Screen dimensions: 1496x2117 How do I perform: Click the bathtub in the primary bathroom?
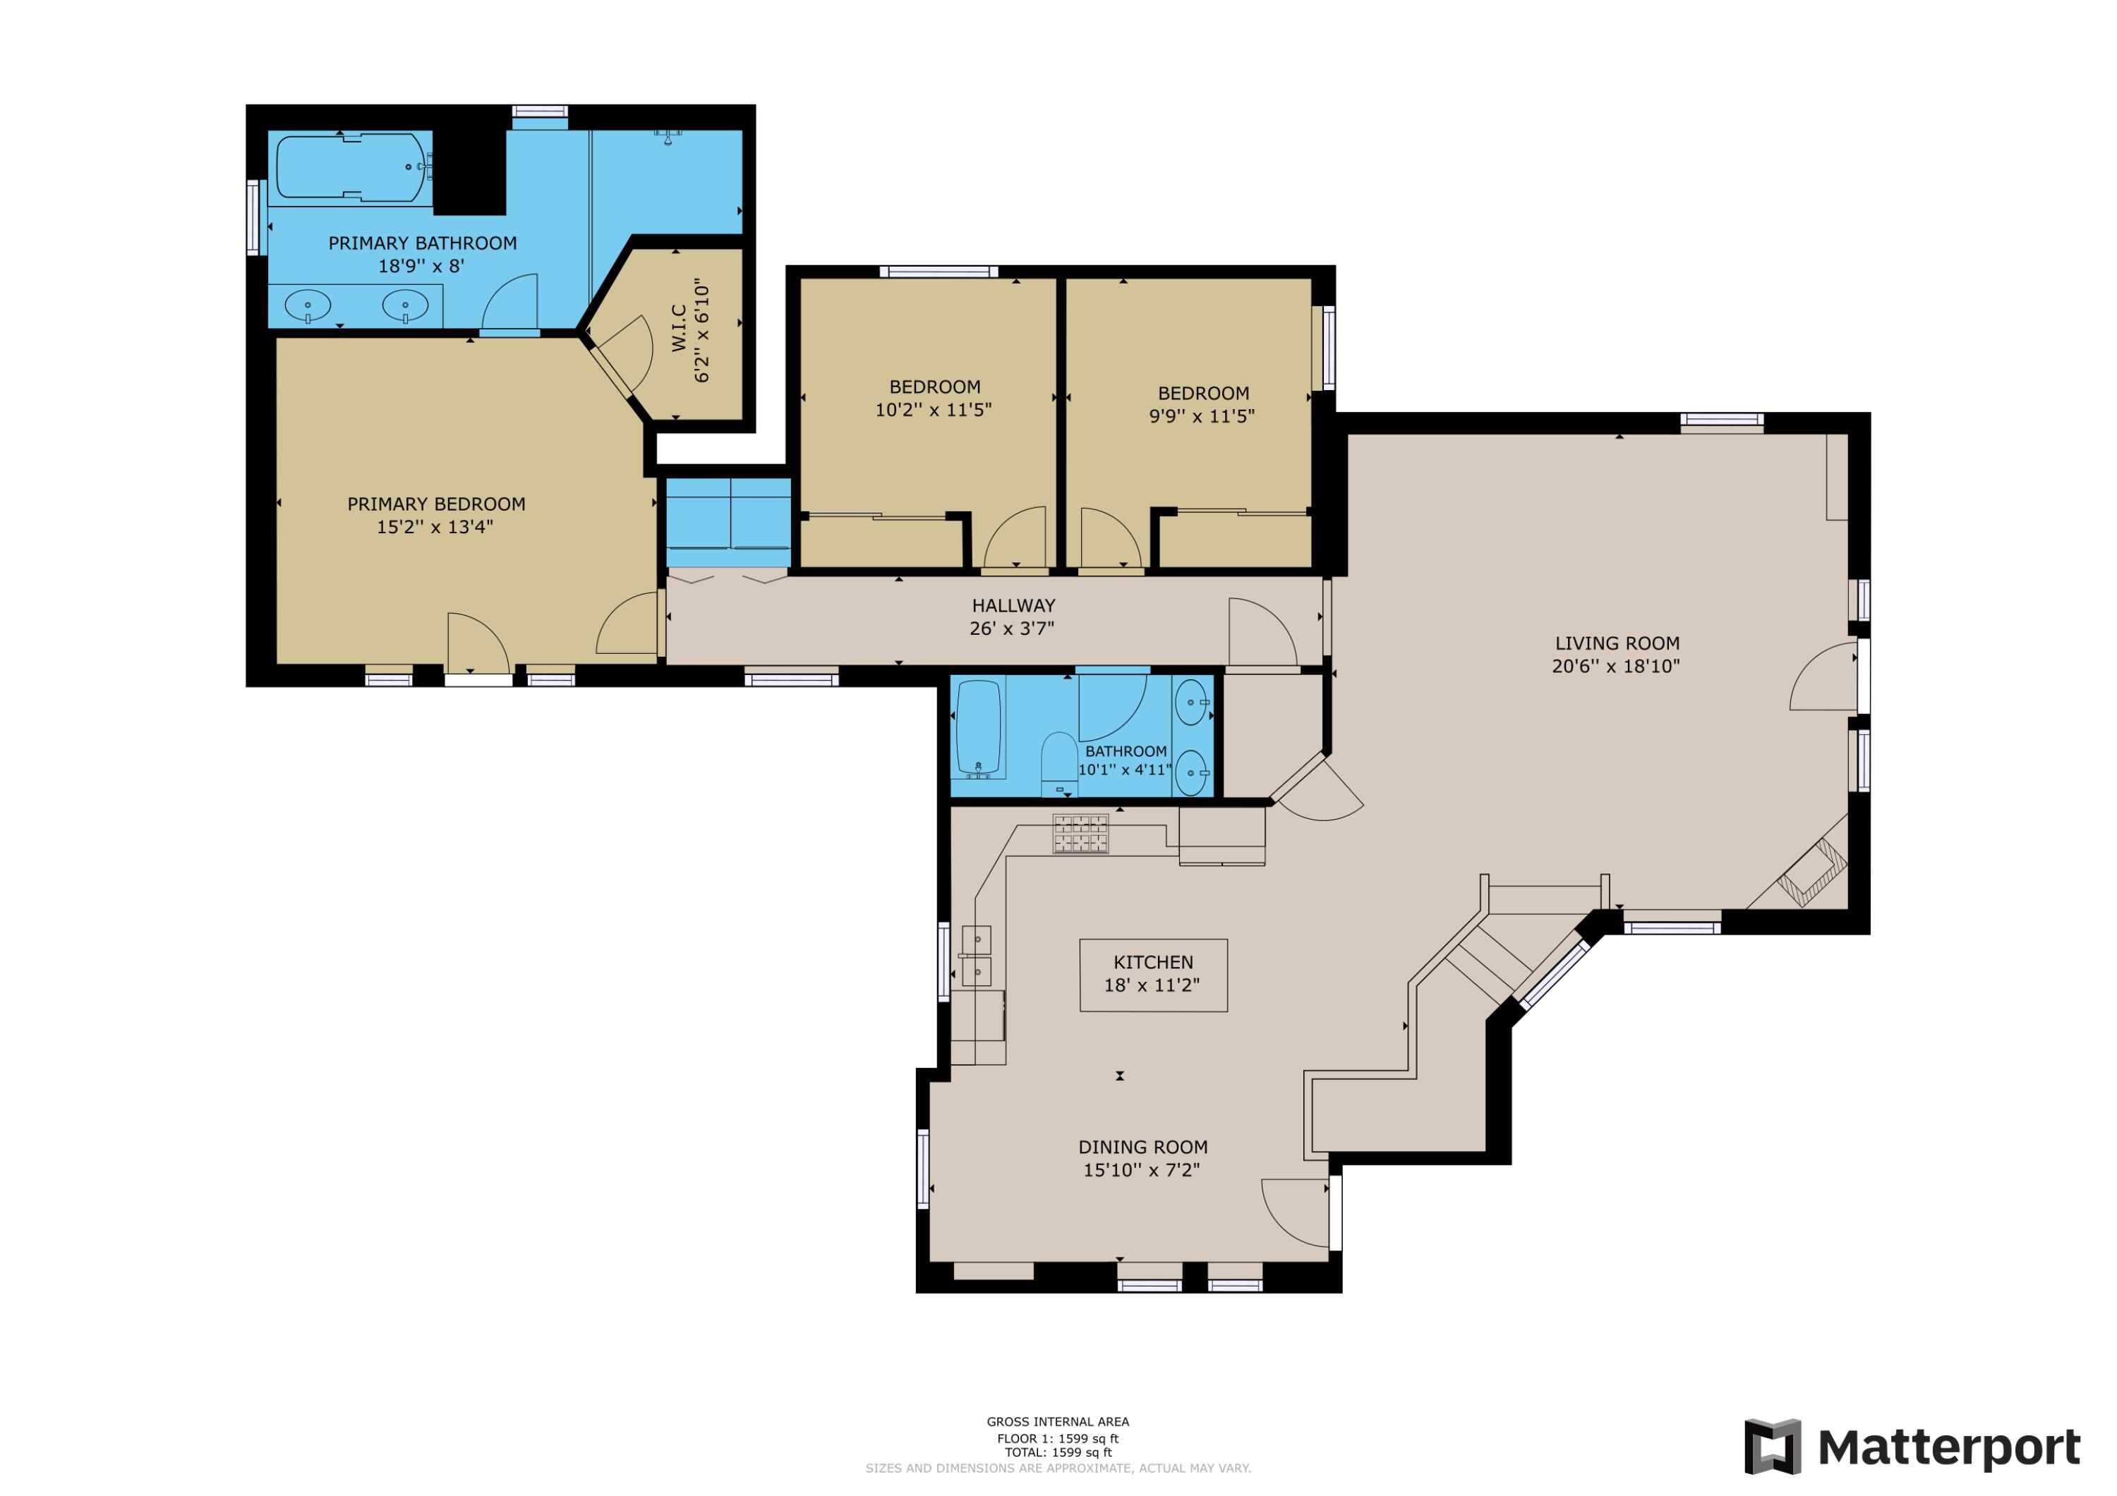351,168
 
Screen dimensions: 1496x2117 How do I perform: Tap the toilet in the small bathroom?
1058,763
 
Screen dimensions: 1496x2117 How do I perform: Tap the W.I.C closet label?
680,328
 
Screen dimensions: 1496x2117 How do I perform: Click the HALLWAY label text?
1013,606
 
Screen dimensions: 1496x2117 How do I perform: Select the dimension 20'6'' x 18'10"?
1615,667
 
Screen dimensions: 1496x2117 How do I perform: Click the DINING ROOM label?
1142,1147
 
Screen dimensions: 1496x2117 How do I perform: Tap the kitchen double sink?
977,956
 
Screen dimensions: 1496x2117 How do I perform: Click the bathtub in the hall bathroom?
978,727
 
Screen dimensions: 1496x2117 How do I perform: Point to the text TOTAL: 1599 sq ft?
1058,1452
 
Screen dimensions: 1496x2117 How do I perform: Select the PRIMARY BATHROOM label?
422,243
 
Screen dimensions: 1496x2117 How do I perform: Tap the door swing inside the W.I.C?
629,354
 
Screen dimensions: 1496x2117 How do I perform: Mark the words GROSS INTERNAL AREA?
1058,1421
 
